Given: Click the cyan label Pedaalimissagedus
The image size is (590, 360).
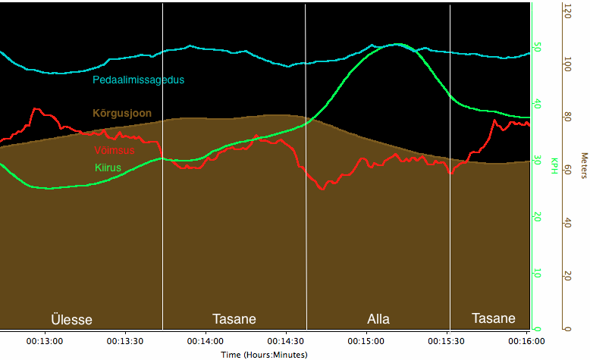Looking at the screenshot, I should tap(138, 80).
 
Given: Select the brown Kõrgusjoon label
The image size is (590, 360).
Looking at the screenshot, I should tap(121, 113).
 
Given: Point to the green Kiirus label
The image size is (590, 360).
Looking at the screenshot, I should tap(108, 167).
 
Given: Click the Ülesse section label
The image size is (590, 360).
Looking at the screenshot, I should tap(71, 319).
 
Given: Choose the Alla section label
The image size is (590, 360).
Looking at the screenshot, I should tap(378, 318).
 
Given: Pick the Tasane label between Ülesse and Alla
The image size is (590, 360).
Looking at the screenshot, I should tap(234, 318).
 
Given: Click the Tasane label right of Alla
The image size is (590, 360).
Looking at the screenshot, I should tap(493, 318).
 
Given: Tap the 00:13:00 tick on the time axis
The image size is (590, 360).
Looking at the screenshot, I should tap(45, 342).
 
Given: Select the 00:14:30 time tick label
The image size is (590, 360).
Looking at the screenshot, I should tap(286, 342).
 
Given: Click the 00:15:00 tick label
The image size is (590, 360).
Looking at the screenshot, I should tap(367, 342).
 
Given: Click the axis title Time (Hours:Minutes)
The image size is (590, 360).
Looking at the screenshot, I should tap(264, 354).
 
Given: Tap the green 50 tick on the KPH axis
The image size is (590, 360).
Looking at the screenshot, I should tap(538, 47).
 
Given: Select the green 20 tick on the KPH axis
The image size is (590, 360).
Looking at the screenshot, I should tap(538, 217).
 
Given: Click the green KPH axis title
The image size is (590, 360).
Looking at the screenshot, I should tap(554, 164).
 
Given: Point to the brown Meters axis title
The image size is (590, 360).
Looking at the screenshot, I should tap(583, 166).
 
